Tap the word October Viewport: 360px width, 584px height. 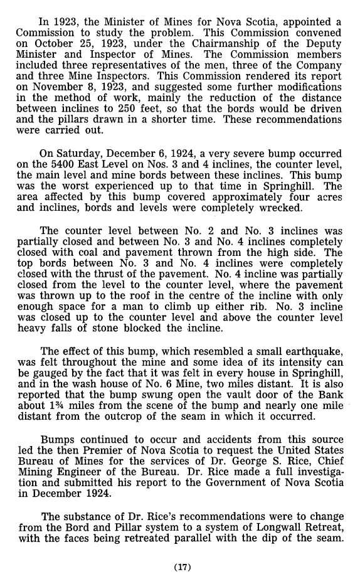point(60,41)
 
